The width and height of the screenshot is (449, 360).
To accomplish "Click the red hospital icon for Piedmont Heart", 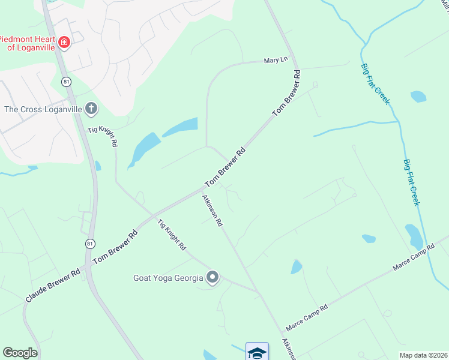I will [64, 41].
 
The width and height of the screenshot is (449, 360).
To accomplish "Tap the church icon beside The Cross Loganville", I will [91, 109].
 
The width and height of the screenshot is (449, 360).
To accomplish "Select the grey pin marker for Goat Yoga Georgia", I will [212, 277].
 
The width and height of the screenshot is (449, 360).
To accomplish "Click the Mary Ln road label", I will [276, 60].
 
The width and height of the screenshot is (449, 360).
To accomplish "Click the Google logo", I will [20, 353].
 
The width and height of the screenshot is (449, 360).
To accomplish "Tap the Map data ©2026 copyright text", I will [423, 355].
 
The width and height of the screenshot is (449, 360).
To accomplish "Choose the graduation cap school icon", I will [256, 352].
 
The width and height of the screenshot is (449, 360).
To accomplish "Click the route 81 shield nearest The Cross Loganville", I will [64, 81].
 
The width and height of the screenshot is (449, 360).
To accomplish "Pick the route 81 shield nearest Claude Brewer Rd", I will [89, 243].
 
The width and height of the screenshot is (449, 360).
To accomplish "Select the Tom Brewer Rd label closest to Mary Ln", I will [286, 93].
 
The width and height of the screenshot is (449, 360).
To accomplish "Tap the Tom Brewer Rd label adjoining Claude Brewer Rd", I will [116, 246].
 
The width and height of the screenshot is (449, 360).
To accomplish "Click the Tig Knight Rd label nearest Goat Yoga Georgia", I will [172, 235].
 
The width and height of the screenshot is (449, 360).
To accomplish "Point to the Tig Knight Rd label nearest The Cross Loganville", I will [103, 137].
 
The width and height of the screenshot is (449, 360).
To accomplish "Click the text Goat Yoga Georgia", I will [169, 278].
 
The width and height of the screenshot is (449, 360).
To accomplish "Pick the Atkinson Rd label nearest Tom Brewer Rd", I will [212, 211].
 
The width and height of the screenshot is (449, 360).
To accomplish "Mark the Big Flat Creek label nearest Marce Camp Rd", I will [411, 182].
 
